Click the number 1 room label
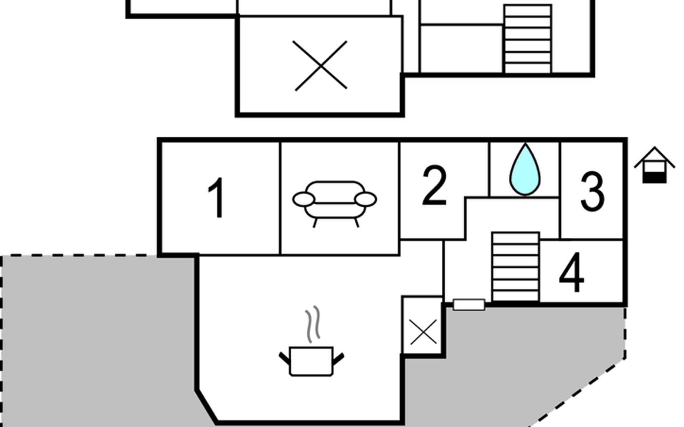(216, 197)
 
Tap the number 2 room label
(434, 185)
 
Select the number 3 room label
(592, 191)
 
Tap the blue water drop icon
(525, 169)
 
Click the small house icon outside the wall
(654, 165)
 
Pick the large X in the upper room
(321, 66)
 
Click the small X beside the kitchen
(423, 332)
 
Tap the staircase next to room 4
(515, 267)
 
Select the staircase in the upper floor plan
(528, 39)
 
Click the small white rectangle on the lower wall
(469, 305)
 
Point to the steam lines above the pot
(312, 324)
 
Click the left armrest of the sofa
(304, 199)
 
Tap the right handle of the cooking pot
(338, 359)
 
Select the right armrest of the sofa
(366, 199)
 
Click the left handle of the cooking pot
(285, 358)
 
